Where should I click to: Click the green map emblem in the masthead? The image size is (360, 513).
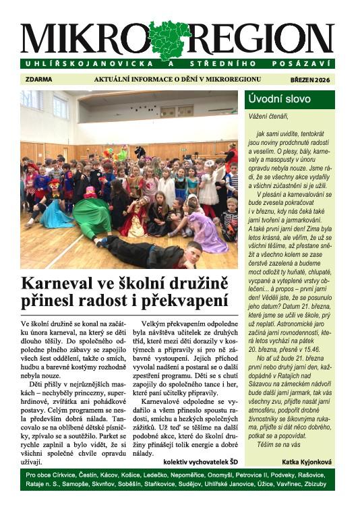point(170,39)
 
